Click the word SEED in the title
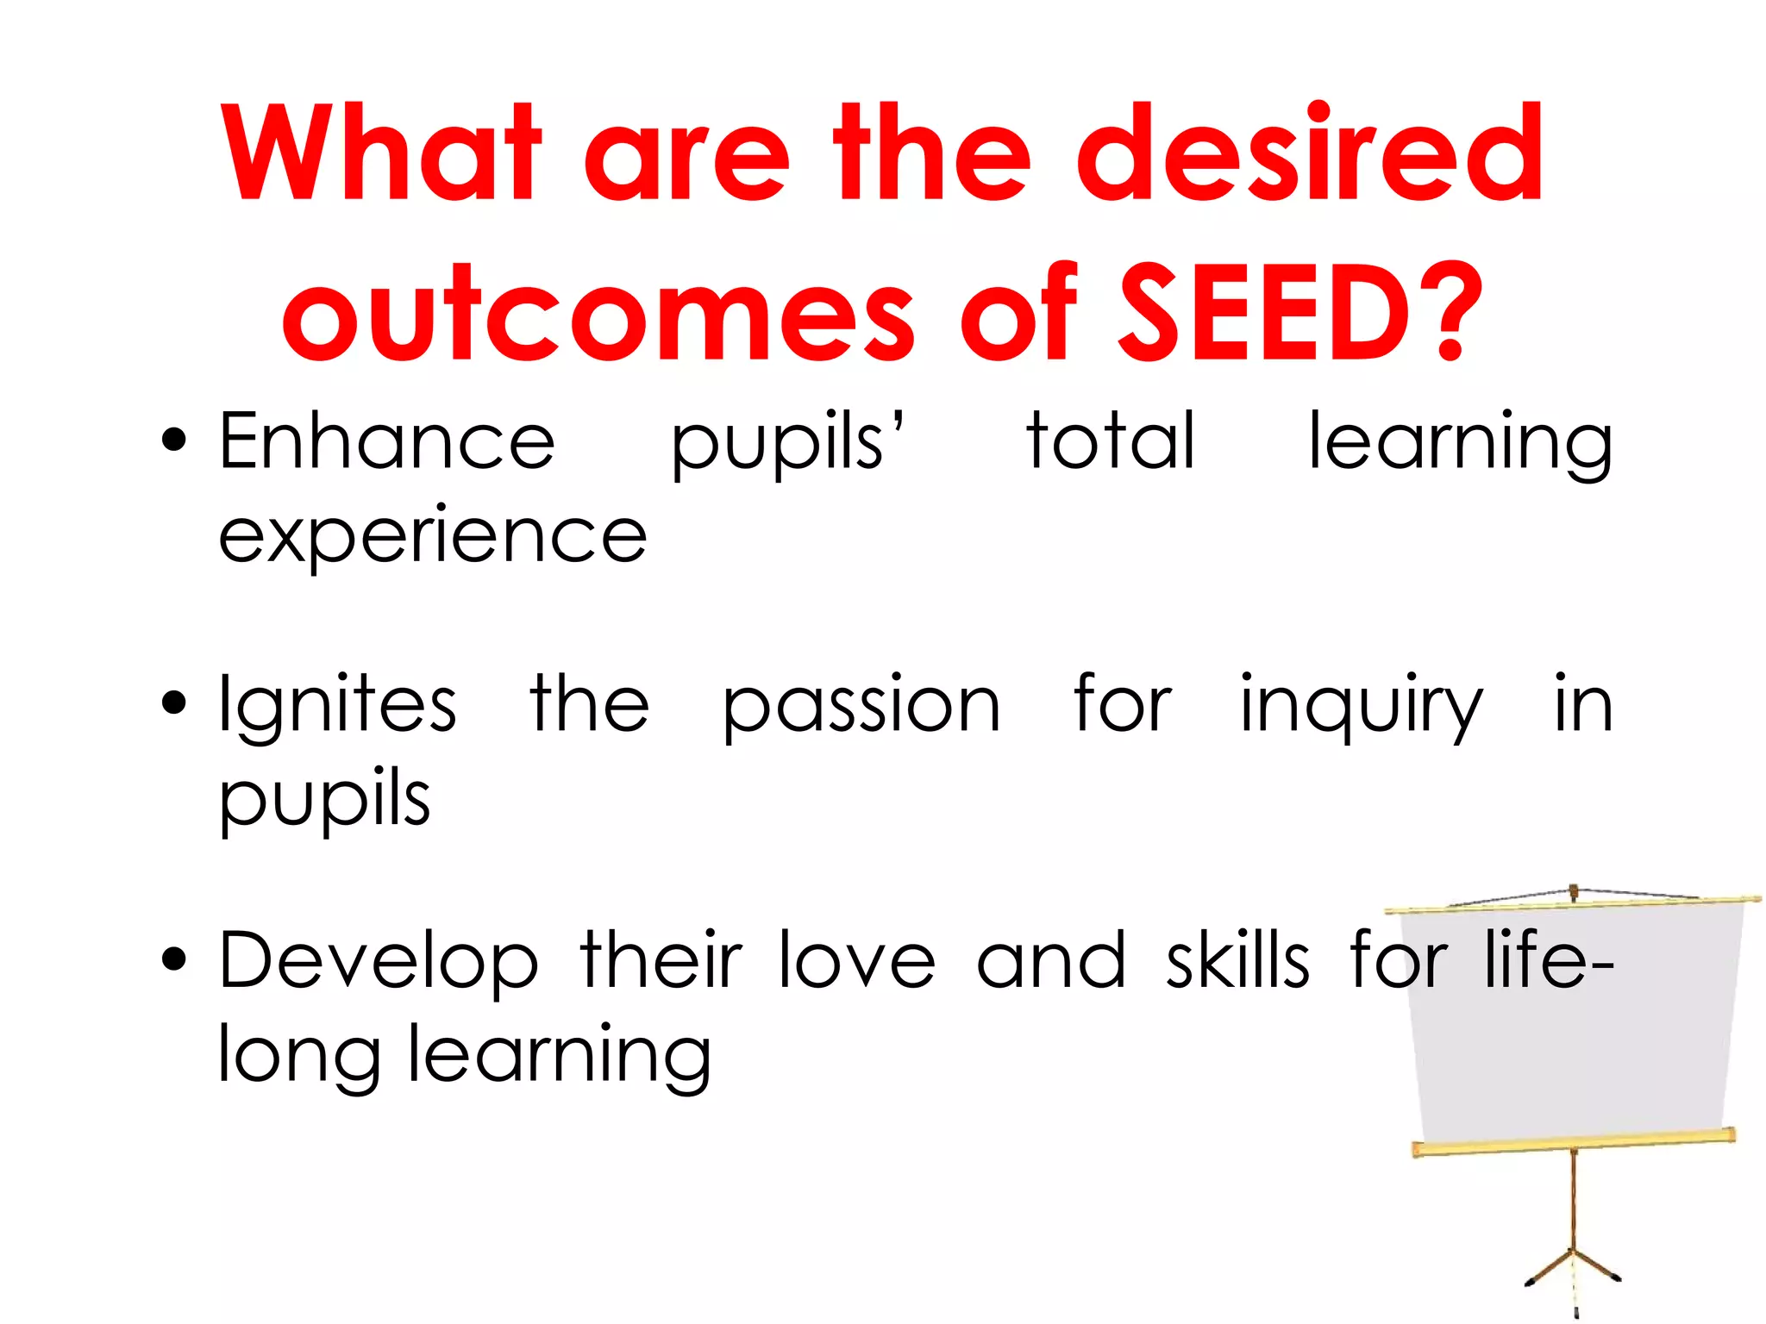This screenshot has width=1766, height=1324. pyautogui.click(x=1264, y=312)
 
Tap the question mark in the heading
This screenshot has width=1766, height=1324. pyautogui.click(x=1449, y=312)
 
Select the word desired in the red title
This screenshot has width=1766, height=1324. pyautogui.click(x=1309, y=153)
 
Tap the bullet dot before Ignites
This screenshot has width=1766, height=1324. pyautogui.click(x=173, y=703)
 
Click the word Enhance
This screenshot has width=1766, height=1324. pyautogui.click(x=387, y=441)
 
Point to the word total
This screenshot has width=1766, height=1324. pyautogui.click(x=1111, y=441)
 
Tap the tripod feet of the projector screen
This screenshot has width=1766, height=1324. pyautogui.click(x=1574, y=1272)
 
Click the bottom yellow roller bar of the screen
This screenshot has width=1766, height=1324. pyautogui.click(x=1574, y=1143)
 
